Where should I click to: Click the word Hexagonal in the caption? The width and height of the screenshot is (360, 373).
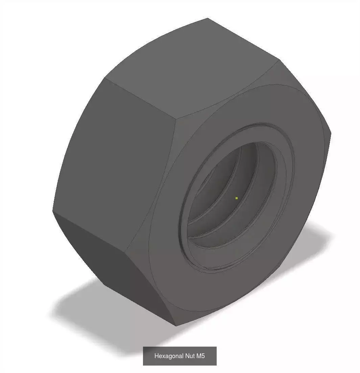(169, 356)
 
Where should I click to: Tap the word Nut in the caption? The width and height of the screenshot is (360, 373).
(190, 356)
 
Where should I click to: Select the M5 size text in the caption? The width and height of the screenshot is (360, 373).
(201, 356)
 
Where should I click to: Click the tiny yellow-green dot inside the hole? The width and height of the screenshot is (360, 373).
(237, 198)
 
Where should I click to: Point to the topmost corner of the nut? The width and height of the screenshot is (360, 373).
(208, 18)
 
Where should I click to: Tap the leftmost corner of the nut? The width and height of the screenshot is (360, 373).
(53, 211)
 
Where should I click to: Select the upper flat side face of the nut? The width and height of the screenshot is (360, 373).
(193, 68)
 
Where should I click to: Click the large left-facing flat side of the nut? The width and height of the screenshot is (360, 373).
(115, 162)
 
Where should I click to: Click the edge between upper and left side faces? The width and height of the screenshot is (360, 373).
(140, 98)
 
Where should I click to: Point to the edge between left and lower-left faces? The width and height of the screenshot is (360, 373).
(90, 232)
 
